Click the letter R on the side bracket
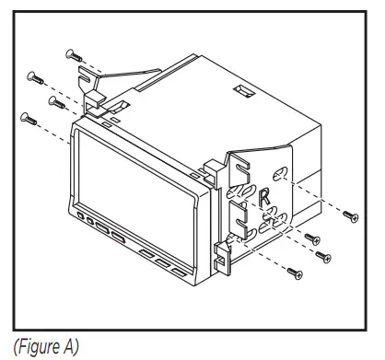[264, 195]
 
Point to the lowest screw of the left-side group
[27, 117]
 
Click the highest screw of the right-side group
[349, 217]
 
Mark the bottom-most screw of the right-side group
[294, 272]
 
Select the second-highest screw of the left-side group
[34, 75]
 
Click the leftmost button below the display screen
[81, 220]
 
